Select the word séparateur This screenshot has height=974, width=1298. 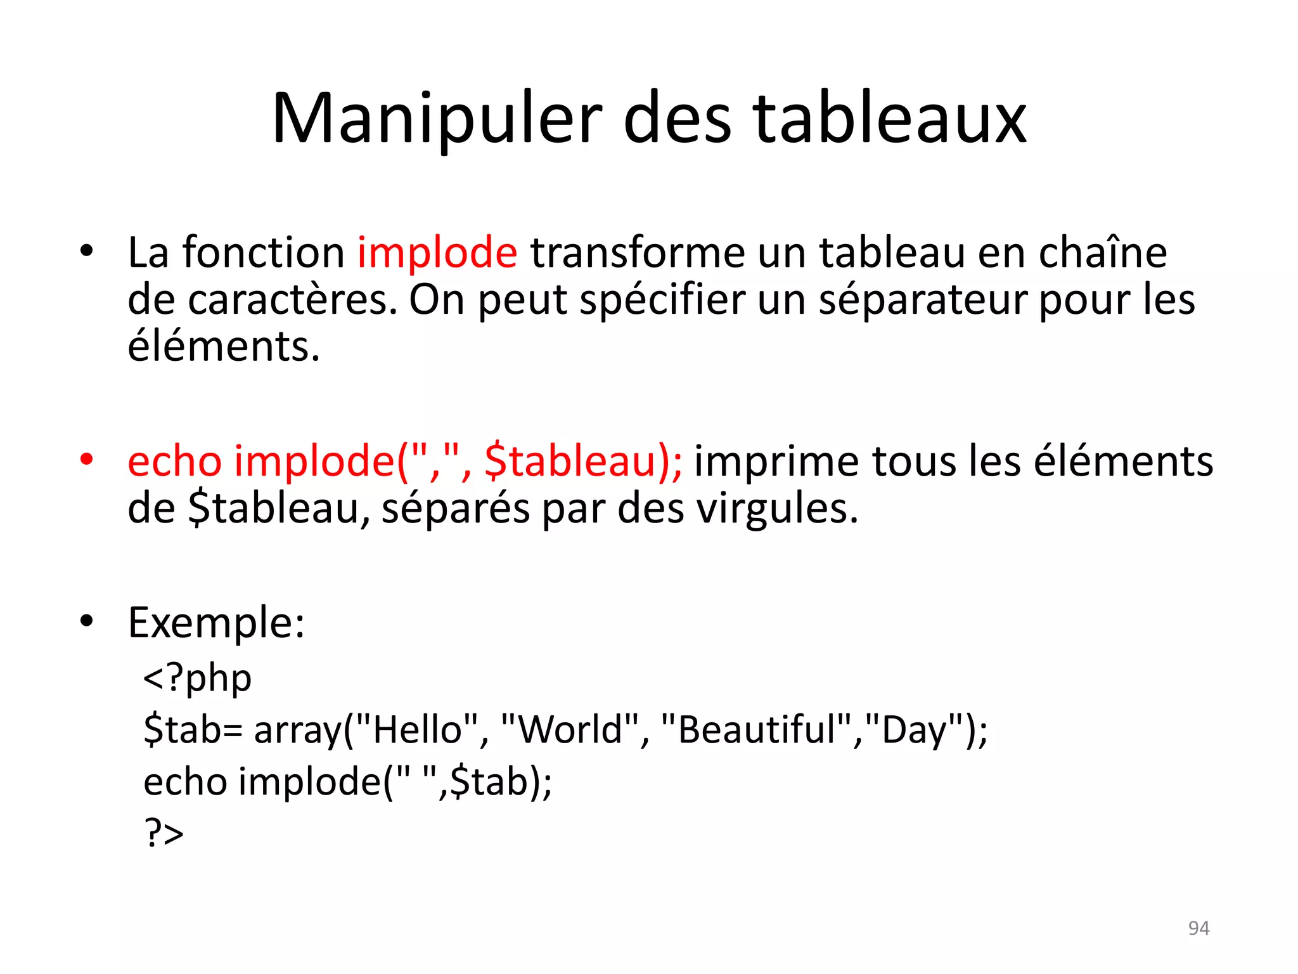point(923,300)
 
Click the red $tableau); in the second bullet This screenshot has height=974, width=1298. point(583,461)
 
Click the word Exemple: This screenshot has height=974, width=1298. point(216,623)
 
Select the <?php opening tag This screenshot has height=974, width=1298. point(197,678)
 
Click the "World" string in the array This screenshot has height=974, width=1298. point(570,729)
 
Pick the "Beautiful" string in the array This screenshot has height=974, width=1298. point(756,729)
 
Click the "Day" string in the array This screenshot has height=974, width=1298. point(912,729)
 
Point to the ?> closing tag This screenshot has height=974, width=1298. point(164,833)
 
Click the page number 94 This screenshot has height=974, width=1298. point(1198,928)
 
